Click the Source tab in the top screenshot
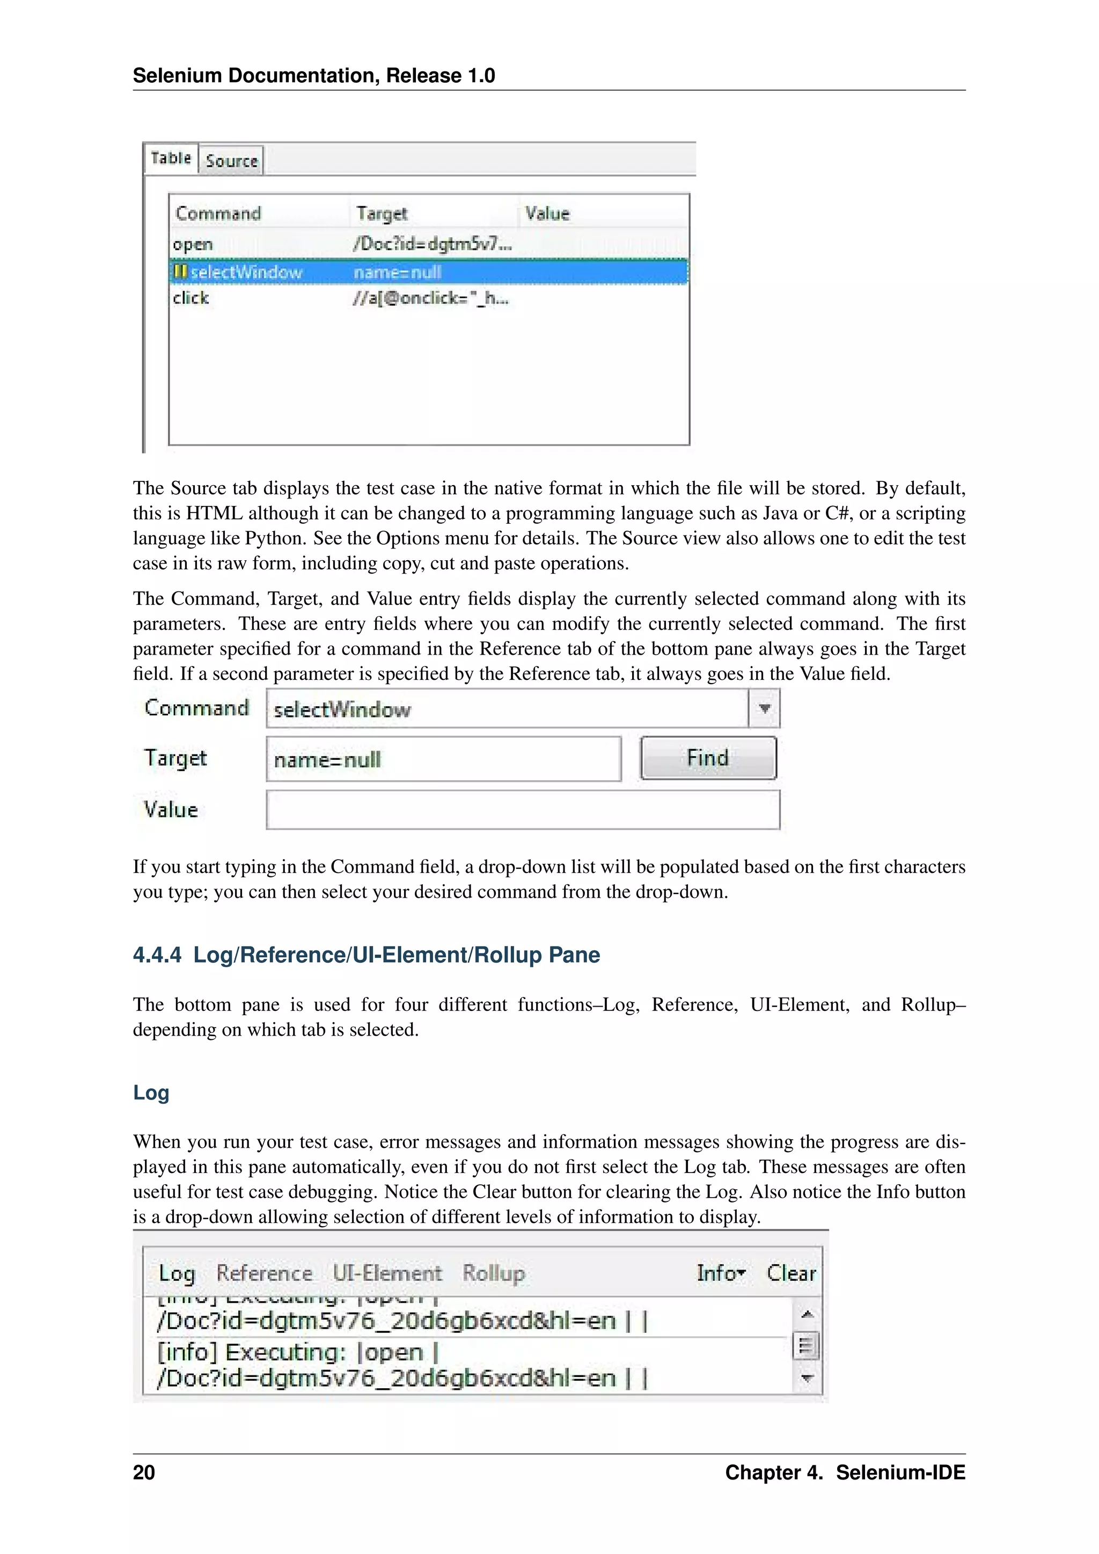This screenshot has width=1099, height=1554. click(231, 161)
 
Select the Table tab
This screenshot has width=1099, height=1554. click(171, 158)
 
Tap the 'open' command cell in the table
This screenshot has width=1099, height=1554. click(193, 244)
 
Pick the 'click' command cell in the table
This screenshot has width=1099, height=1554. click(191, 298)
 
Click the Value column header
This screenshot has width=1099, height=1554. click(547, 214)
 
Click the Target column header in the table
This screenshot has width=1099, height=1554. click(382, 214)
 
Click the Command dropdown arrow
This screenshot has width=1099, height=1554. click(764, 709)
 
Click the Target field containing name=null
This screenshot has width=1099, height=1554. click(443, 759)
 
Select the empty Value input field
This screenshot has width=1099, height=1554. click(523, 810)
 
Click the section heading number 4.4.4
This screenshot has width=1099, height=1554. click(157, 955)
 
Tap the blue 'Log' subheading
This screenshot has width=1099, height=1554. click(151, 1093)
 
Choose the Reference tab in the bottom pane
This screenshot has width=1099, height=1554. click(264, 1273)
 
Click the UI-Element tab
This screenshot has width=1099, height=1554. click(387, 1273)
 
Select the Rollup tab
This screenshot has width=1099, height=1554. click(493, 1273)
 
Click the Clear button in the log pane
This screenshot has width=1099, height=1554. click(790, 1273)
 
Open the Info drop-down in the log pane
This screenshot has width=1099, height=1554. click(721, 1273)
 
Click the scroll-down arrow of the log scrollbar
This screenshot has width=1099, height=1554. click(807, 1378)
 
